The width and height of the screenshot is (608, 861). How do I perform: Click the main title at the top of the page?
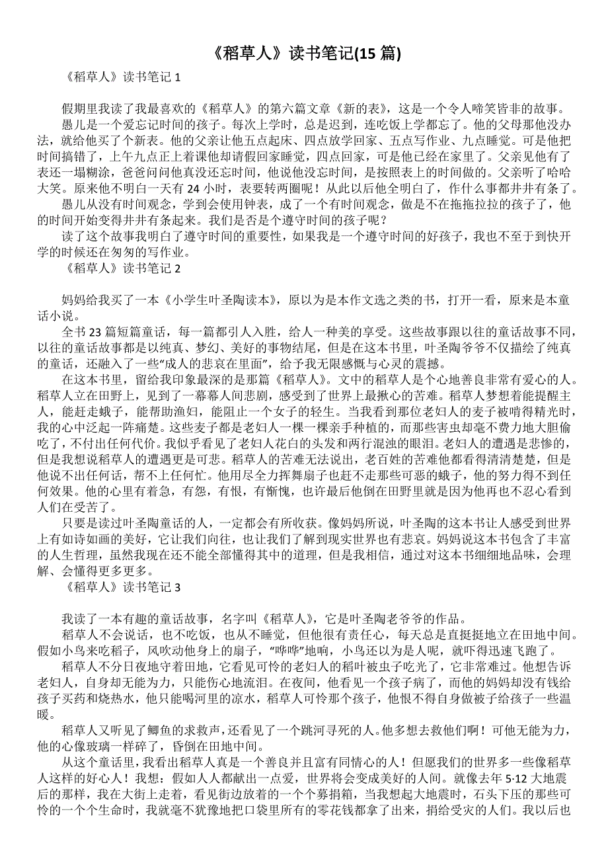[x=303, y=54]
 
